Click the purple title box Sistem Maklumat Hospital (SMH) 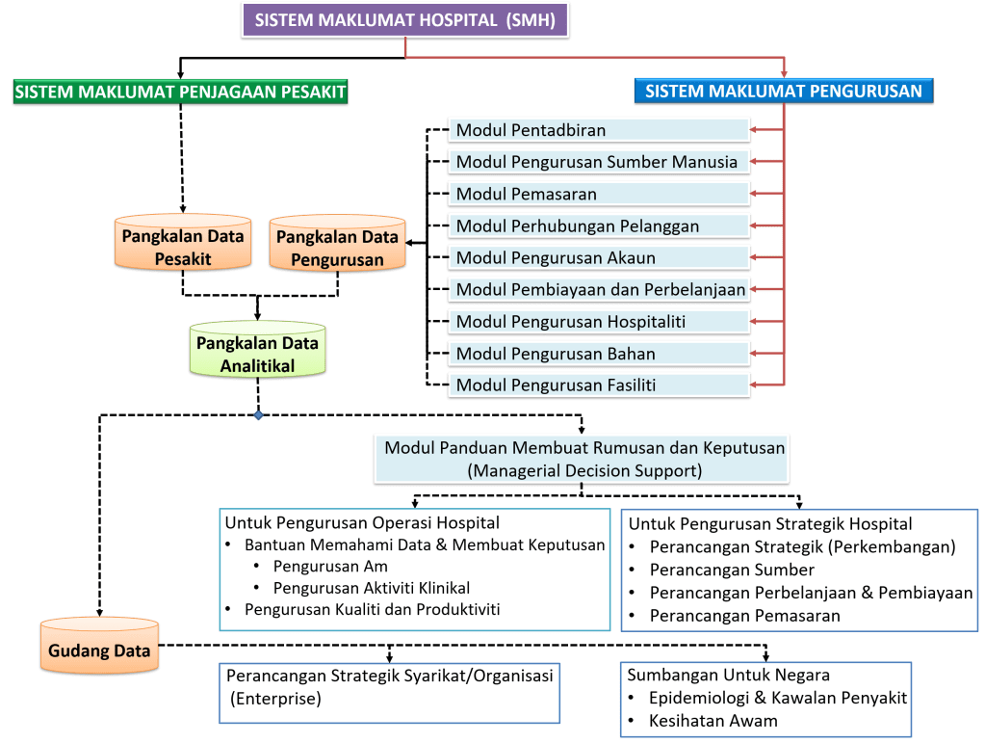click(x=404, y=20)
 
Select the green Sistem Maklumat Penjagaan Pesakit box click(x=181, y=92)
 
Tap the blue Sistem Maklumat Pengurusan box click(x=783, y=92)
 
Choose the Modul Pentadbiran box click(x=599, y=130)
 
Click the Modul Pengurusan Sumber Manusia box click(x=599, y=162)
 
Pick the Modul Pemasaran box click(x=599, y=194)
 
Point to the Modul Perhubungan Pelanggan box click(x=599, y=226)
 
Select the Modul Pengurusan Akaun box click(x=599, y=257)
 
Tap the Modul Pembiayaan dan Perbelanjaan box click(x=599, y=289)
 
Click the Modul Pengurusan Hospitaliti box click(x=599, y=321)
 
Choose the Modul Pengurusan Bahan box click(x=599, y=354)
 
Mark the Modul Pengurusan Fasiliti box click(x=599, y=385)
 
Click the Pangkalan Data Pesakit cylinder click(x=181, y=247)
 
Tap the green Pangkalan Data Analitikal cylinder click(x=257, y=354)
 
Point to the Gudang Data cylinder click(x=100, y=650)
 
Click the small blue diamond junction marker click(x=258, y=416)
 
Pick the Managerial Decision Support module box click(x=583, y=459)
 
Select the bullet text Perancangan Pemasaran click(x=744, y=615)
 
